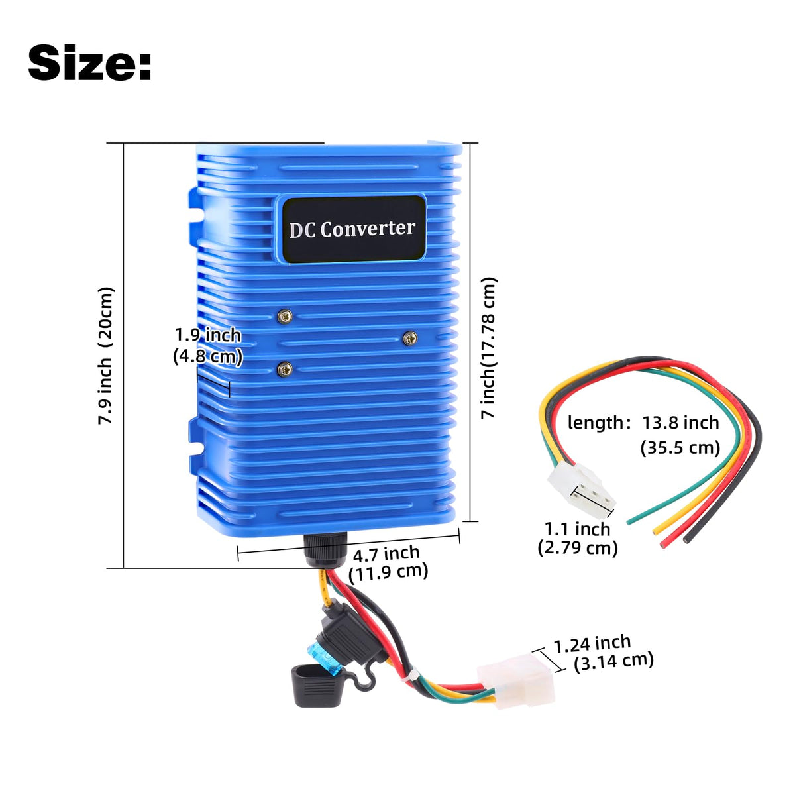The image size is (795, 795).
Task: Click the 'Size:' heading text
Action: point(89,63)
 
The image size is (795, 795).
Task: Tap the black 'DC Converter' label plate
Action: point(353,229)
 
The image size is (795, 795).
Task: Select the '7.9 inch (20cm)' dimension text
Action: point(105,355)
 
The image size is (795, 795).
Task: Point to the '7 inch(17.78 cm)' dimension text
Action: point(489,347)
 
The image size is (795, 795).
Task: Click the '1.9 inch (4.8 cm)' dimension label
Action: point(207,346)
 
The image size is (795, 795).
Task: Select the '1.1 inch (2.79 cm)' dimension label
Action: point(578,539)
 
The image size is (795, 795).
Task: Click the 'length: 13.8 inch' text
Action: point(643,423)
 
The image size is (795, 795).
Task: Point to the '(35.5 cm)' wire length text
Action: point(680,447)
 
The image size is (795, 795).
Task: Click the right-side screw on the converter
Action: point(409,339)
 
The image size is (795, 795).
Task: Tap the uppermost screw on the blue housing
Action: point(285,317)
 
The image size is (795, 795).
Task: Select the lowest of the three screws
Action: point(285,368)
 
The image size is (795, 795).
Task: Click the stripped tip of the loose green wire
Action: point(629,522)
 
